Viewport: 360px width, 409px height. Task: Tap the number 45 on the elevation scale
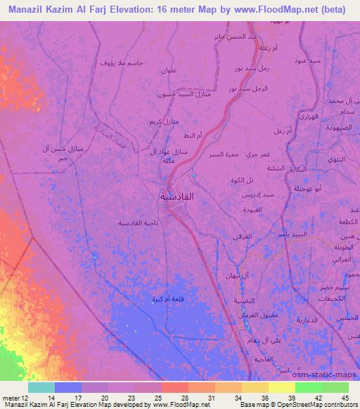coord(344,398)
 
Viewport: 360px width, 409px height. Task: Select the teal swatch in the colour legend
coord(41,387)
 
